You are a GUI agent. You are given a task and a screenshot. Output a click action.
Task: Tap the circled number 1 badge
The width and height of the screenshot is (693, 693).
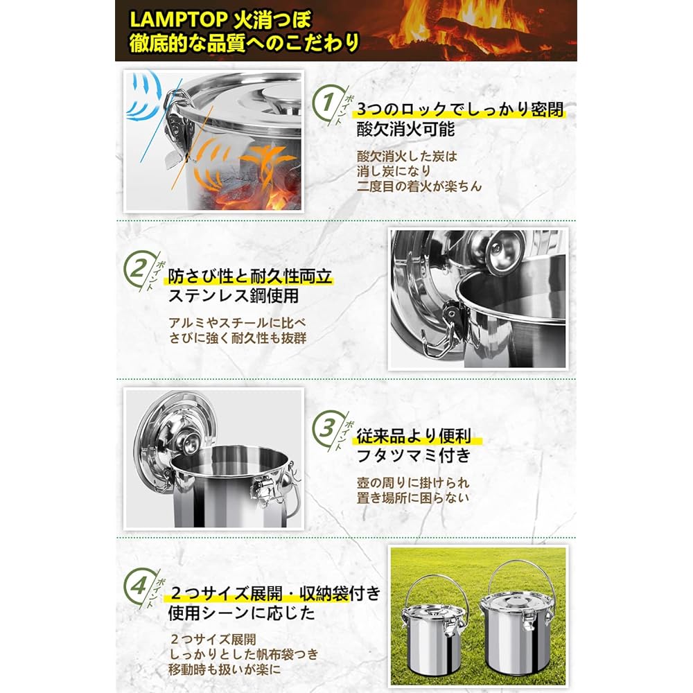tap(324, 104)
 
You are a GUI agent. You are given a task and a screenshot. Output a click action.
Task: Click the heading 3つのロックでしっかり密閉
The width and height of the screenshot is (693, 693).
tap(459, 110)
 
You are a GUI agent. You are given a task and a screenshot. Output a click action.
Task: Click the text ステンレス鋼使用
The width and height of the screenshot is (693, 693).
tap(234, 297)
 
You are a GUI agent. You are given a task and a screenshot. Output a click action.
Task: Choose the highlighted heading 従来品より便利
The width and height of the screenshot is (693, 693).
tap(414, 436)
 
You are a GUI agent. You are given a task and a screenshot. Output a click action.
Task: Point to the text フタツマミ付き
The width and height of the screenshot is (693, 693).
tap(413, 455)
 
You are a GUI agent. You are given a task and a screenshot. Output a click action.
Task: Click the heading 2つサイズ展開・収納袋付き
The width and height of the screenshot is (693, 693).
tap(274, 594)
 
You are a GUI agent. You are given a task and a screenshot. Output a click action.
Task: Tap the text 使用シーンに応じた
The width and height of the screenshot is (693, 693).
tap(241, 613)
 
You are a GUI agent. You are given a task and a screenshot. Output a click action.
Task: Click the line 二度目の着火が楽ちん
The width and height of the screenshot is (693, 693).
tap(419, 186)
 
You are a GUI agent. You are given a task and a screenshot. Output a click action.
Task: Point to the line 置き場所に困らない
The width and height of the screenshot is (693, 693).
tap(413, 497)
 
